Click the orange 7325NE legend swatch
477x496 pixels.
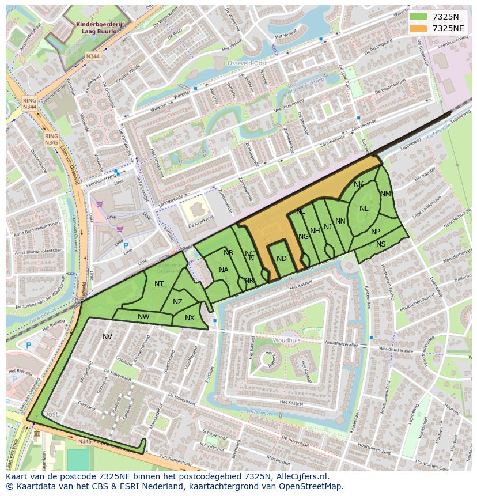(418, 28)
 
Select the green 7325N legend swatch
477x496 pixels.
(418, 16)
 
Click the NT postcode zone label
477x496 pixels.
(159, 283)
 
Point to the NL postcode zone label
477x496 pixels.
(364, 209)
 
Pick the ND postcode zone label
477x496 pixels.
(281, 259)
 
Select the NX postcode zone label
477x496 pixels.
(190, 318)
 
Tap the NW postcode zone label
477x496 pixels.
(143, 316)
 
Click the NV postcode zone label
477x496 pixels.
(107, 336)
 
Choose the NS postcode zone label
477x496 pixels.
(381, 244)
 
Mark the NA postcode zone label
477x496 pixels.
(224, 270)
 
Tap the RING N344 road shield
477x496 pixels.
(30, 104)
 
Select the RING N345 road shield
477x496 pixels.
(51, 139)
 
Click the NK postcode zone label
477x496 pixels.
(358, 184)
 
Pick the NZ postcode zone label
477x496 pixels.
(177, 302)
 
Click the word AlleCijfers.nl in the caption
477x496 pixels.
(300, 476)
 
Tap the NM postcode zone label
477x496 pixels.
(385, 194)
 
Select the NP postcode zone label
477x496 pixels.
(376, 232)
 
